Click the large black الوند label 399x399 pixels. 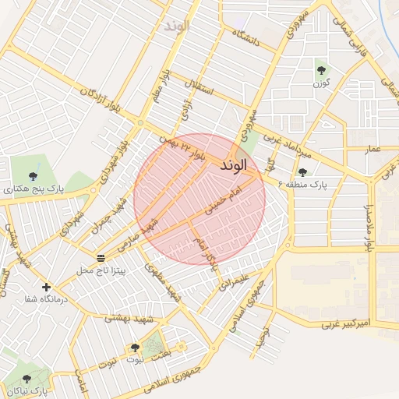click(x=234, y=166)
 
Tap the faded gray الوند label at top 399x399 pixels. click(x=177, y=26)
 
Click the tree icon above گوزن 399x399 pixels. click(x=320, y=69)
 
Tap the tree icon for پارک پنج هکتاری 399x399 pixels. click(x=32, y=176)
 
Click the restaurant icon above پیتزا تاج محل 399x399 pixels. click(x=101, y=257)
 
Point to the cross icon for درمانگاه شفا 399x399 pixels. click(x=47, y=287)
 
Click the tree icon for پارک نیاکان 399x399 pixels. click(x=26, y=379)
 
